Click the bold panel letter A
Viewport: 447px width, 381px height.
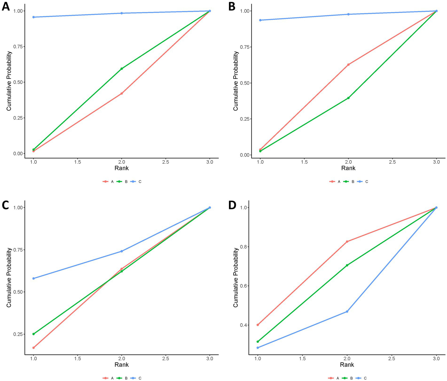(x=6, y=6)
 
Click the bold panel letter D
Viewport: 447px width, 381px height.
(x=232, y=205)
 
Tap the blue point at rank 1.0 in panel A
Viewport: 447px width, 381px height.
(x=33, y=17)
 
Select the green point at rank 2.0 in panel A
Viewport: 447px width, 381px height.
(x=122, y=69)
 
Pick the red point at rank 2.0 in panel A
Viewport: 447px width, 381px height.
(x=122, y=94)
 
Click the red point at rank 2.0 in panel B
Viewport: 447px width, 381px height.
(x=348, y=64)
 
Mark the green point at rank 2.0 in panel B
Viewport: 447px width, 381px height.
(x=348, y=98)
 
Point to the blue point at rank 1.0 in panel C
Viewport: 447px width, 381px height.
(x=33, y=278)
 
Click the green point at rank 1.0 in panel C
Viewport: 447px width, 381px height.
(x=33, y=334)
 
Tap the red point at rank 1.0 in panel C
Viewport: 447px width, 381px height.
(x=33, y=348)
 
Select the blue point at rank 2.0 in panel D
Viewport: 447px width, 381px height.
(x=347, y=312)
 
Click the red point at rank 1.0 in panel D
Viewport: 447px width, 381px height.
(x=258, y=325)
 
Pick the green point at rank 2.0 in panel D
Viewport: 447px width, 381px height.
(x=347, y=265)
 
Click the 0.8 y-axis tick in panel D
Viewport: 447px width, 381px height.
(x=243, y=247)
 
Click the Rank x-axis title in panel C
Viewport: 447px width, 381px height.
(x=122, y=365)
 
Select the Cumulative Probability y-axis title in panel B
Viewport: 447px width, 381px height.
(x=236, y=81)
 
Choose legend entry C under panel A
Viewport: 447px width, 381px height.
(x=140, y=182)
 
